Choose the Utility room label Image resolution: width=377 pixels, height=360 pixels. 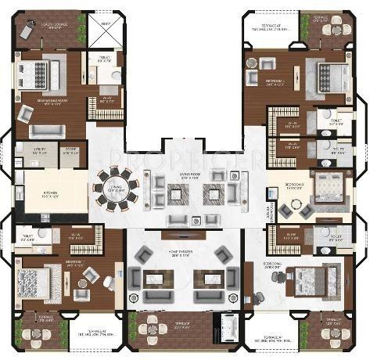[x=38, y=151]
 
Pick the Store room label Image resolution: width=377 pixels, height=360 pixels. [x=71, y=151]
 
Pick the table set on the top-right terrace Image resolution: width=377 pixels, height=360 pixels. [x=336, y=28]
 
